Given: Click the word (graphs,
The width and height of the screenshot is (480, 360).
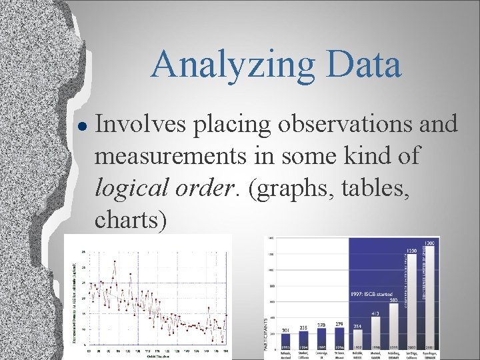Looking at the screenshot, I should (x=283, y=187).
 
